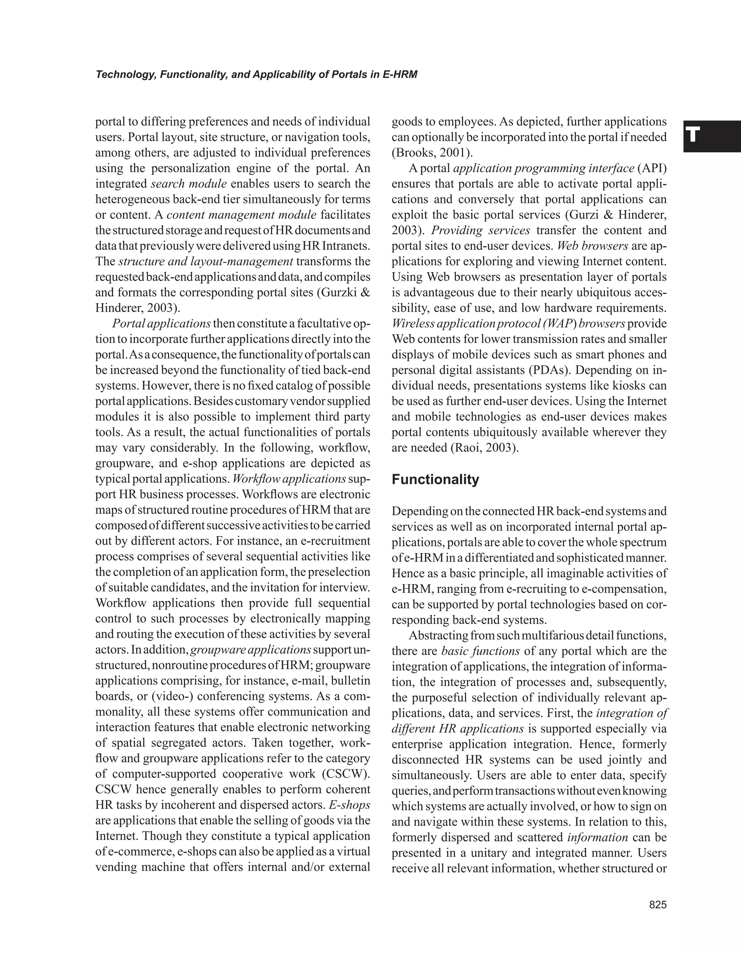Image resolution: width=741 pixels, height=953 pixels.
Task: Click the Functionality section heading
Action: (x=435, y=480)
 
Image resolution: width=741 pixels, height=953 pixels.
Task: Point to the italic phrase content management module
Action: (x=241, y=215)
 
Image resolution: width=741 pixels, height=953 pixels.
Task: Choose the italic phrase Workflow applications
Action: (x=289, y=479)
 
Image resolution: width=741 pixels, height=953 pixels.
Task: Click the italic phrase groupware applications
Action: (x=251, y=649)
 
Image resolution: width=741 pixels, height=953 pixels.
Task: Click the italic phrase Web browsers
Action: (x=592, y=246)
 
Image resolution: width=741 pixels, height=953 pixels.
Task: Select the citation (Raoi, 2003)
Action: (x=484, y=448)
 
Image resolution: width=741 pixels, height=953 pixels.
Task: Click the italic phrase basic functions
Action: (x=480, y=651)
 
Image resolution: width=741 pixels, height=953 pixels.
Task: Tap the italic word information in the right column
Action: (x=597, y=838)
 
